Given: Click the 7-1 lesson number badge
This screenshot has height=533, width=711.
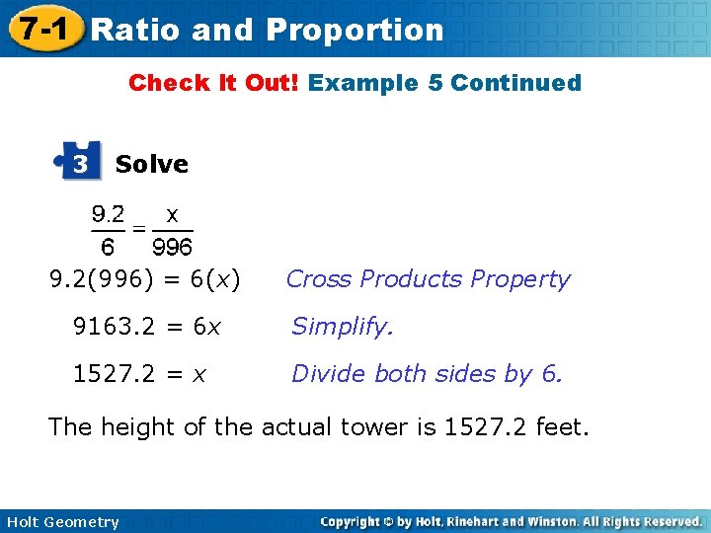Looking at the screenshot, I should point(39,29).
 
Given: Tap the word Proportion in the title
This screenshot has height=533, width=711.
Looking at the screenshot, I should point(355,30).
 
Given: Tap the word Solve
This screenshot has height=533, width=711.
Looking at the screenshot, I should point(151,164).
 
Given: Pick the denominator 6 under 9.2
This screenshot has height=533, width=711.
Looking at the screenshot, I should point(109,246).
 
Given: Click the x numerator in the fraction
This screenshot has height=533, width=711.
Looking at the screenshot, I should point(172,213).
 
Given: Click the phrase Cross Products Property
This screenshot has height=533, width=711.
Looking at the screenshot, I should point(428,279).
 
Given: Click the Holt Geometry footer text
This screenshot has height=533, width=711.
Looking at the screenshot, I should point(61,522).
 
